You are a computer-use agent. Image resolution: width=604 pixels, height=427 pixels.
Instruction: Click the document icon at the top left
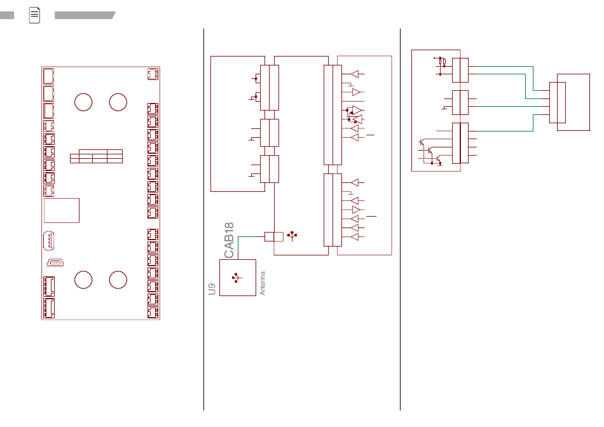click(35, 15)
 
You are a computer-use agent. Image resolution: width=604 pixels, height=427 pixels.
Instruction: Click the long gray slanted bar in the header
click(85, 15)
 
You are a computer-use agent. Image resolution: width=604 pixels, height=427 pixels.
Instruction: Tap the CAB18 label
click(229, 240)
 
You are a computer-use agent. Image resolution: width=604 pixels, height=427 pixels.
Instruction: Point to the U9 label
click(212, 289)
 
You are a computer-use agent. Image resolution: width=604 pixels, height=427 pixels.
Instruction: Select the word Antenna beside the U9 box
click(263, 283)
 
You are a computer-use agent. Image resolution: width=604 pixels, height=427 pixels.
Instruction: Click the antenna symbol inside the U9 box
click(237, 278)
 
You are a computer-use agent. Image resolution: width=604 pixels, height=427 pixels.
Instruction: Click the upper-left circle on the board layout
click(83, 102)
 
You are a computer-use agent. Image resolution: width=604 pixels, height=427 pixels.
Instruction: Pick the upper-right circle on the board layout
click(118, 102)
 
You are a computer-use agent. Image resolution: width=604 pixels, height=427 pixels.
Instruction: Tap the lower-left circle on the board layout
click(83, 280)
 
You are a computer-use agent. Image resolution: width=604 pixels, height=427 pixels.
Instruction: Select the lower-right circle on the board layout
click(118, 280)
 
